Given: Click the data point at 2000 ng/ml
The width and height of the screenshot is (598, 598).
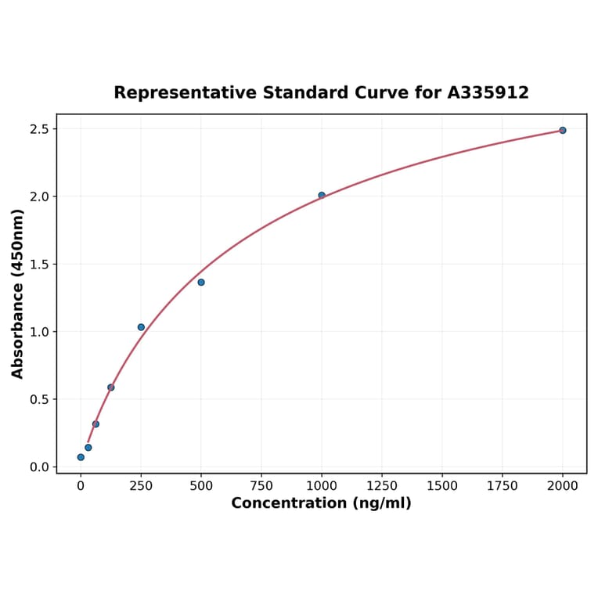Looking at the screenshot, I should pos(562,131).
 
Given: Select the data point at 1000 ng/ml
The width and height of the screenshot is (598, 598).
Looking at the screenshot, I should pos(322,196).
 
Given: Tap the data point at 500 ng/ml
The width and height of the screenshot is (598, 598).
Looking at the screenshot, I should pos(201,282).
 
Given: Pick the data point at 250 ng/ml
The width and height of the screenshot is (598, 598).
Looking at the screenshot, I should pos(141,327).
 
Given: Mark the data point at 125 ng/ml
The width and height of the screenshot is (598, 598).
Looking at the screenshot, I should pos(111,387).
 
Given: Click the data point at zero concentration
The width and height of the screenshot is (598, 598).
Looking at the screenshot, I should pos(81,457).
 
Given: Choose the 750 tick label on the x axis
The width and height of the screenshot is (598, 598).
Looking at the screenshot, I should pos(261,486).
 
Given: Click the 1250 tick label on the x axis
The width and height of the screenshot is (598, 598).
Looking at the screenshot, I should pos(382,486).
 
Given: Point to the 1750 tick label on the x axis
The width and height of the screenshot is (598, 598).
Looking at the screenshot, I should pos(503,486).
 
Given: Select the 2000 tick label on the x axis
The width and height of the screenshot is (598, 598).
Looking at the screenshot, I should pos(563,486).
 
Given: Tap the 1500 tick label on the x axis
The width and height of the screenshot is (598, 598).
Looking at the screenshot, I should pos(442,486).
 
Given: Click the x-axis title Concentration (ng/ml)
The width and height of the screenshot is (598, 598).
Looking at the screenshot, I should pos(321,503).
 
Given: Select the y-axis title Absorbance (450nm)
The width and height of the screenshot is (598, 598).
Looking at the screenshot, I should pos(18,294).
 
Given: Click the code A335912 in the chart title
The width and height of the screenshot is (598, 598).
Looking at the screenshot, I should pos(488,93).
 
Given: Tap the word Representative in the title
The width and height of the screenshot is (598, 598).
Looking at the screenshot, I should pos(184,93).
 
